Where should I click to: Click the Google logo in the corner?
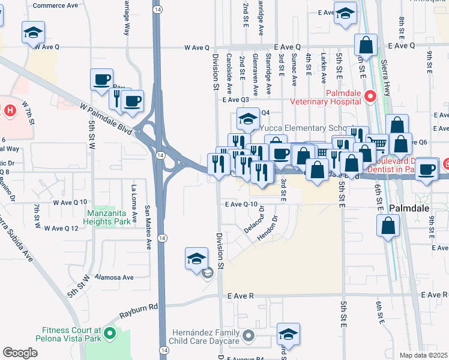pyautogui.click(x=20, y=353)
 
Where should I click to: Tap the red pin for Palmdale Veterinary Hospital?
pyautogui.click(x=370, y=95)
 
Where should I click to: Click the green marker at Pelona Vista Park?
pyautogui.click(x=109, y=332)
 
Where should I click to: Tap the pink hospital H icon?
pyautogui.click(x=10, y=110)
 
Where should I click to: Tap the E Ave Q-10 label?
pyautogui.click(x=244, y=205)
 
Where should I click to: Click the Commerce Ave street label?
pyautogui.click(x=55, y=5)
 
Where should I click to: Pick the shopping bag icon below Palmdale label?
pyautogui.click(x=388, y=226)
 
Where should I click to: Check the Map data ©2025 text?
pyautogui.click(x=423, y=355)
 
